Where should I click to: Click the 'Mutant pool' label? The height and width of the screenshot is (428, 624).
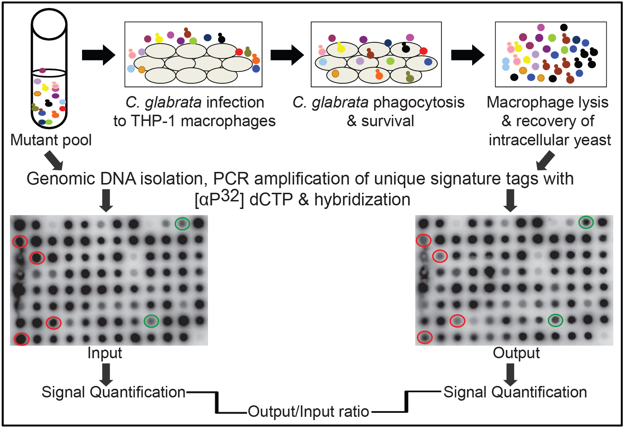pos(51,140)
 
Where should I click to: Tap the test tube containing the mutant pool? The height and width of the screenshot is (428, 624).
pos(49,68)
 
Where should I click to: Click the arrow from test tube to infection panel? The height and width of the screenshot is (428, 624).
pos(98,55)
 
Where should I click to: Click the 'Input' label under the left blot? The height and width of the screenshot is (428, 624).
pos(105,353)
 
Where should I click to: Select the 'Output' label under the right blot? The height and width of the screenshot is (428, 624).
pos(516,353)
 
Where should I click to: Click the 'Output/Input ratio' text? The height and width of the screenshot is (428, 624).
pos(308,411)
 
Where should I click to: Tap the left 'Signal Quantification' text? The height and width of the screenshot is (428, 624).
pos(113,392)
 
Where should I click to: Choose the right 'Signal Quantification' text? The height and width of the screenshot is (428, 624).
pos(515,392)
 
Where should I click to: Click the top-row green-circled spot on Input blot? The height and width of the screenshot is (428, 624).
pos(182,223)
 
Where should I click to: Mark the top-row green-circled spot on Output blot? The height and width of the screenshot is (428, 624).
pos(586,222)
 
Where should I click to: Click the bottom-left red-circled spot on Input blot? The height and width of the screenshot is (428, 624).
pos(22,339)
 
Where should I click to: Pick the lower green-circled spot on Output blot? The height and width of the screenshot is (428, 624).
pos(555,320)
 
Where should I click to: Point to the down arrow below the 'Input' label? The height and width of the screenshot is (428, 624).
pos(106,374)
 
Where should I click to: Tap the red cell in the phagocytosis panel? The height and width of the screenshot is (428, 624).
pos(423,51)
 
